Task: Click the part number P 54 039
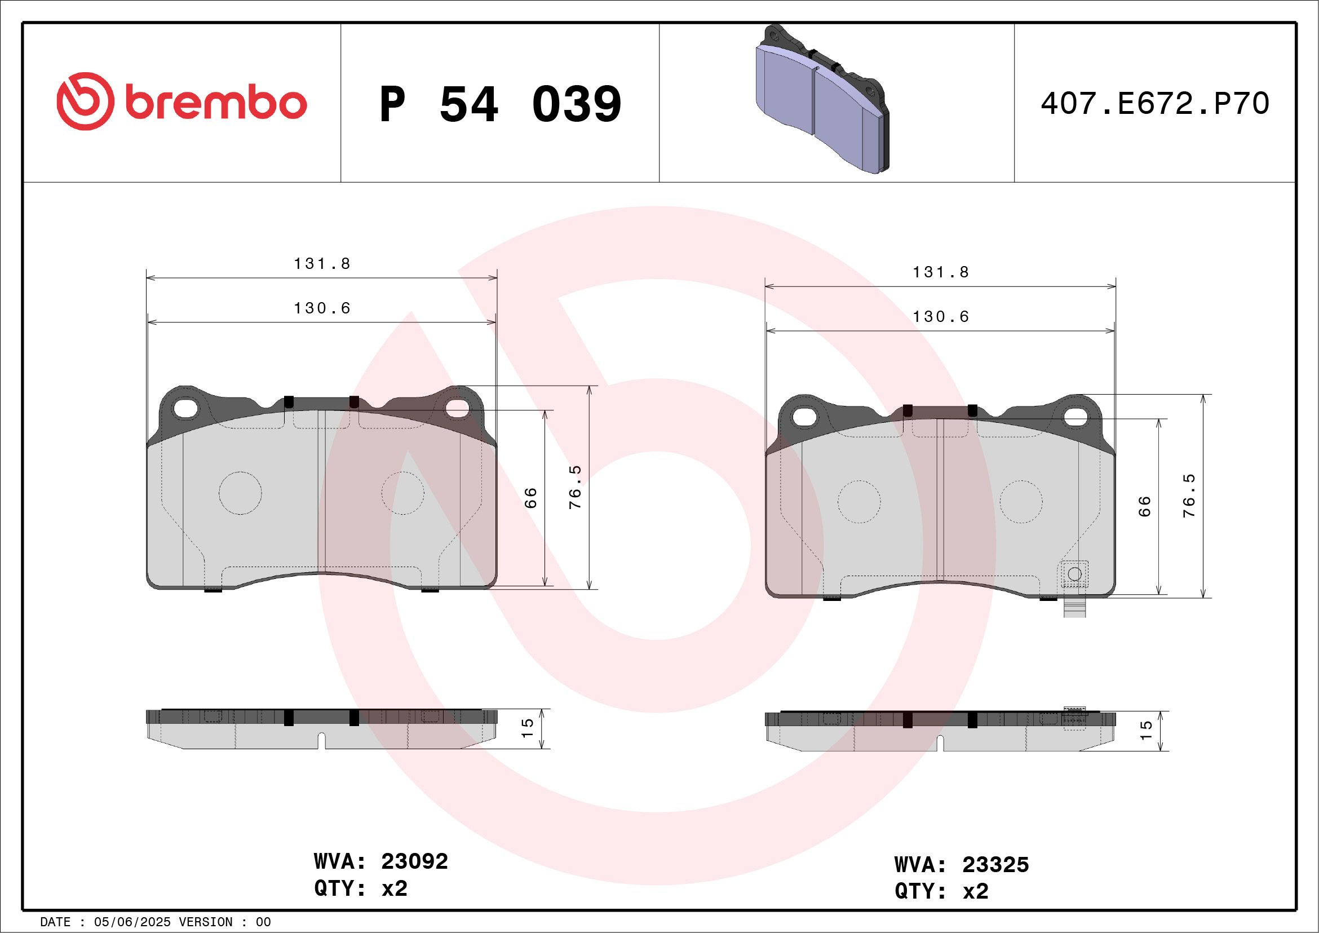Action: [x=500, y=104]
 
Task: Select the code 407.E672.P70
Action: [x=1155, y=104]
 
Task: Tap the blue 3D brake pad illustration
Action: [x=821, y=100]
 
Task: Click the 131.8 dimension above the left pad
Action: [x=322, y=264]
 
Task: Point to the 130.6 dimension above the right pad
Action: [x=940, y=317]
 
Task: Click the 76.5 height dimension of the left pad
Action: [x=575, y=487]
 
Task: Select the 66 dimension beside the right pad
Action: [x=1144, y=506]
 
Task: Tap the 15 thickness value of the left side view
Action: [x=528, y=728]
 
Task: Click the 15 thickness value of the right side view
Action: [x=1146, y=729]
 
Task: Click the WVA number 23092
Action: [x=414, y=861]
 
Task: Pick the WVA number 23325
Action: [x=995, y=865]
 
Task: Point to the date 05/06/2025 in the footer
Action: [x=132, y=922]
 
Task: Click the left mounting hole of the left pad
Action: [x=185, y=409]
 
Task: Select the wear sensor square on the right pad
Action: [x=1074, y=573]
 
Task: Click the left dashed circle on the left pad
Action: [x=240, y=493]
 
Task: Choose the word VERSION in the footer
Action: [x=206, y=922]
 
